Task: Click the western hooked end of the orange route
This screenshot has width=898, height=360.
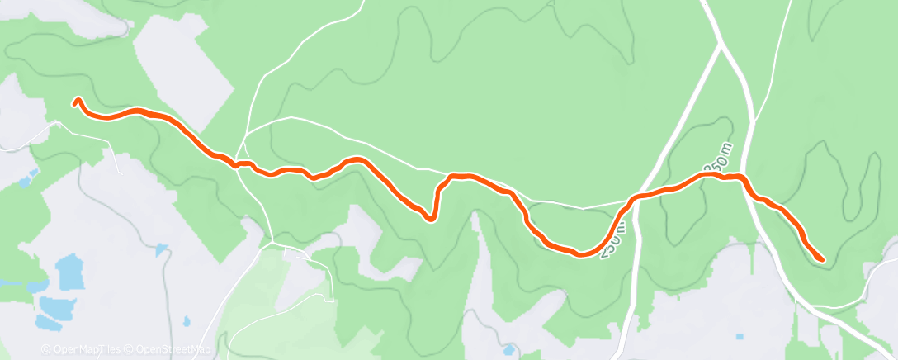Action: pos(76,102)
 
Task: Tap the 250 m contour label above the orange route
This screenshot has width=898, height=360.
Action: pos(717,159)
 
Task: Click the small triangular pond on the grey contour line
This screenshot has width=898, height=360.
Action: pos(162,249)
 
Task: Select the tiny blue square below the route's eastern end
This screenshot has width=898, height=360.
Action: pos(739,336)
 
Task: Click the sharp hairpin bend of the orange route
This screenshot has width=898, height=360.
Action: pos(431,218)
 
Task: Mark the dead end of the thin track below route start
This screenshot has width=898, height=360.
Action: pos(121,173)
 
